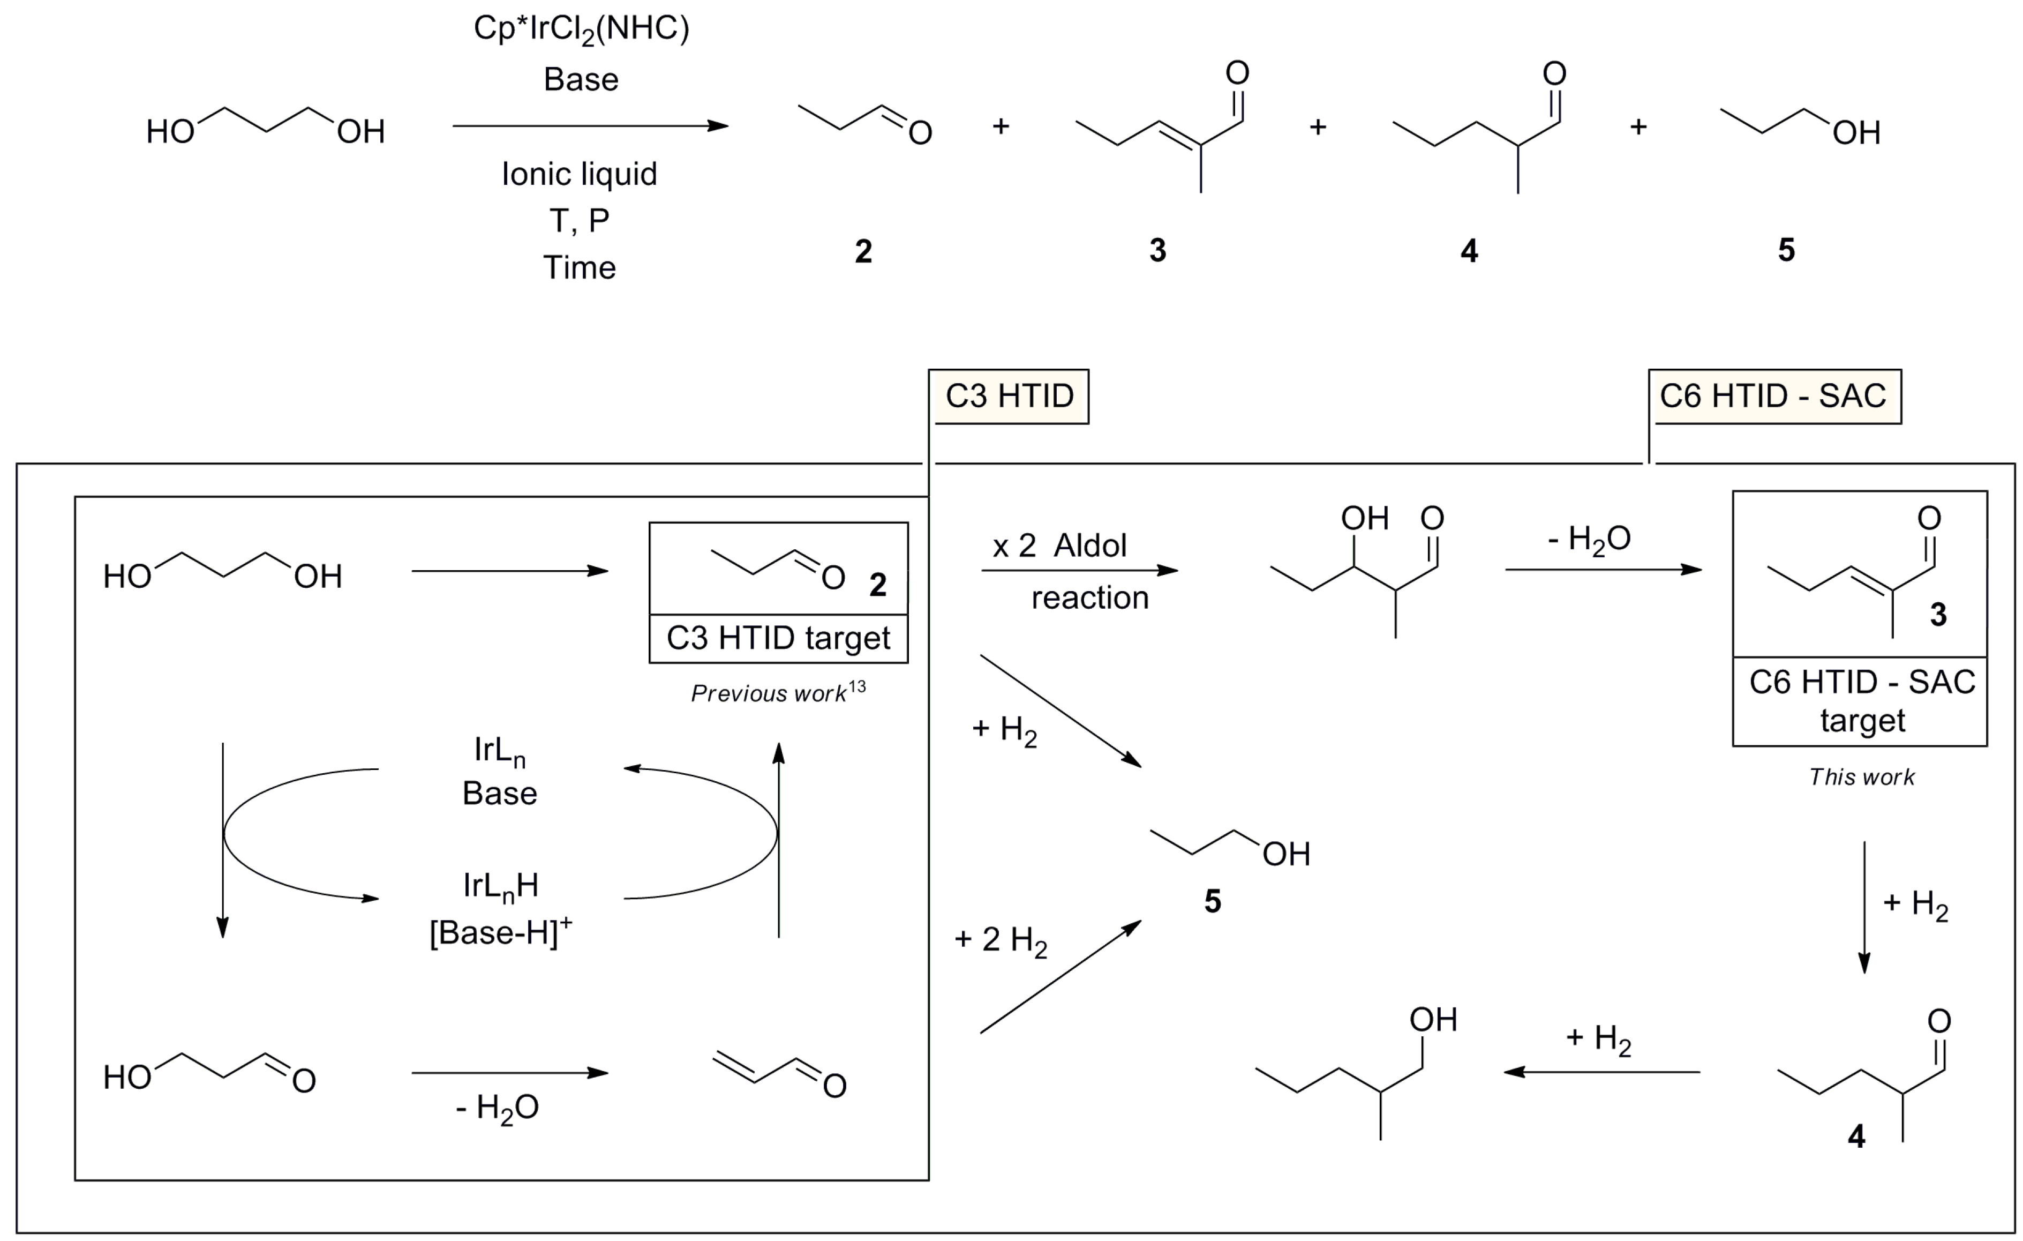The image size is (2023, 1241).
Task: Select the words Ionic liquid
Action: (580, 174)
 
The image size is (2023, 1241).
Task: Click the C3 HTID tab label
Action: (1009, 397)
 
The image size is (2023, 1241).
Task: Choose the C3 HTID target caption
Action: (778, 638)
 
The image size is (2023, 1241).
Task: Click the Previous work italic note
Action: (778, 693)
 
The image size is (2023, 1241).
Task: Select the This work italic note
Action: (1861, 777)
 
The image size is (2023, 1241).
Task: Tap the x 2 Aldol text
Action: (1059, 546)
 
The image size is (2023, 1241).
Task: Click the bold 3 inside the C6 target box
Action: (1938, 615)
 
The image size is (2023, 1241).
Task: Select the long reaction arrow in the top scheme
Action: (590, 126)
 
